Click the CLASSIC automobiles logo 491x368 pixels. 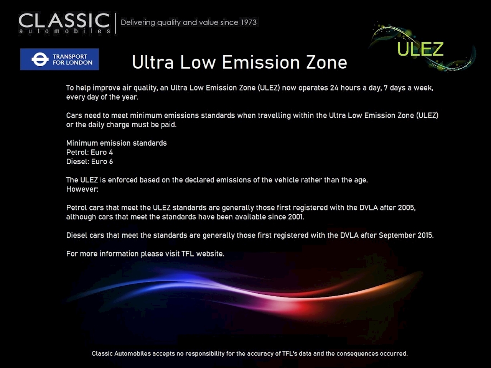(x=64, y=23)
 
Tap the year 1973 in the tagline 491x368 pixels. (x=249, y=22)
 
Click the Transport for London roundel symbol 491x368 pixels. (x=40, y=59)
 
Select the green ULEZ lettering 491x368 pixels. (x=420, y=49)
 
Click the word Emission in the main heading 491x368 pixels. (x=260, y=62)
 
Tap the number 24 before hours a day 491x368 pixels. (x=334, y=88)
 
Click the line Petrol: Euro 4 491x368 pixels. (x=89, y=153)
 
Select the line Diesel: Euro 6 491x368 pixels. (x=89, y=161)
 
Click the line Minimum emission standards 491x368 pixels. (x=117, y=143)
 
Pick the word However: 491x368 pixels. (x=82, y=189)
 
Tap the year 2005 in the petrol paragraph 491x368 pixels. (x=407, y=208)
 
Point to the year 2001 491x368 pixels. (x=296, y=217)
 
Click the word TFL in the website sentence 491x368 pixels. (x=188, y=254)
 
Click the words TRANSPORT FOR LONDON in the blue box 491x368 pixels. (x=72, y=59)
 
